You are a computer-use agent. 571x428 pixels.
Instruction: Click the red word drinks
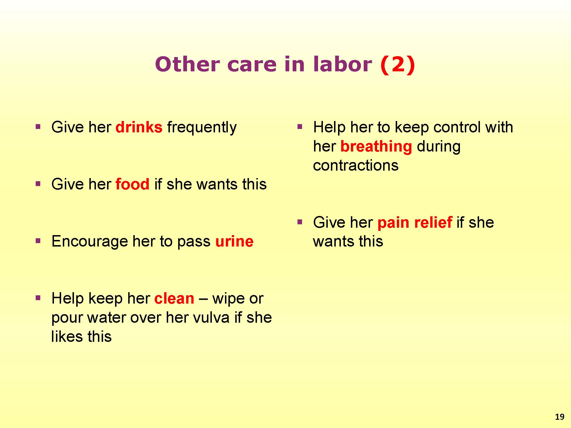139,127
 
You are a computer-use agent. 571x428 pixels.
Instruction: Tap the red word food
132,184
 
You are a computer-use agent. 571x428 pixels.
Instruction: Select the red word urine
234,241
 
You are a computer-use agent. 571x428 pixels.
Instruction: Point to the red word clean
174,298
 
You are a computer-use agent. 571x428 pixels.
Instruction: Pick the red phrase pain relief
415,223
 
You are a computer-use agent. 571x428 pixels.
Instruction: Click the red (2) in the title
397,64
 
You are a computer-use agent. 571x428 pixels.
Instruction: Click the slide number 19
560,417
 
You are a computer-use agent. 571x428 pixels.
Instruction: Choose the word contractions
356,165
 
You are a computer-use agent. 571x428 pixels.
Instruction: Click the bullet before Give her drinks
38,126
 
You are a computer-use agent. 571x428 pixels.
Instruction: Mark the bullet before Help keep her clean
38,298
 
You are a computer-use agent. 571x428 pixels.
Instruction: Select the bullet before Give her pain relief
299,222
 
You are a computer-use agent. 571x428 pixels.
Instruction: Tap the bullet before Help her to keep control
299,126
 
